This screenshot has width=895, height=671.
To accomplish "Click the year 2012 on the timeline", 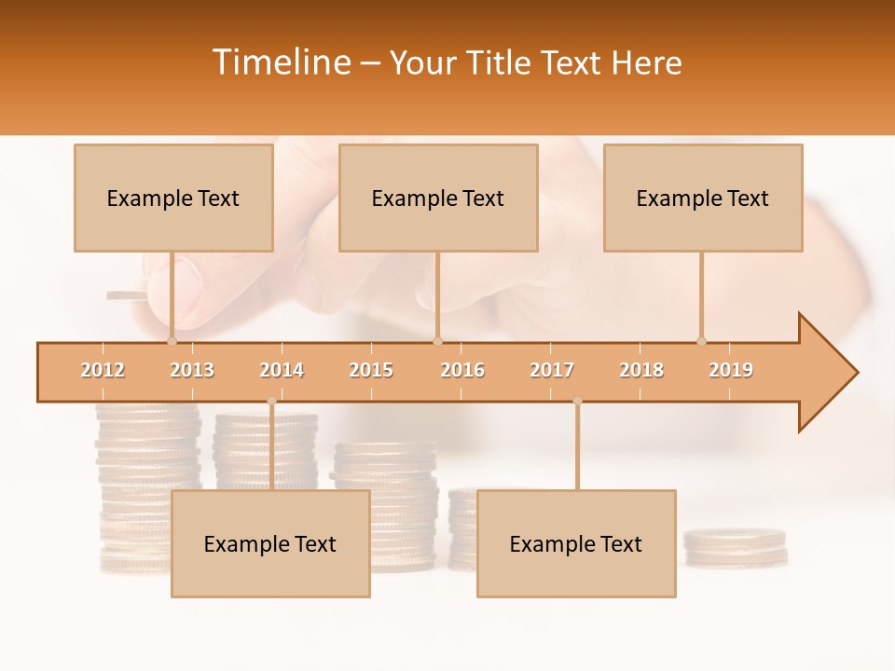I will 103,370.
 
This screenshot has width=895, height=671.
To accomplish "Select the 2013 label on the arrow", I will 192,370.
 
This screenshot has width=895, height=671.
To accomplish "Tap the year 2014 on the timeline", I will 282,370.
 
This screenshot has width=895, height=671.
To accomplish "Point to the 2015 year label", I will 371,370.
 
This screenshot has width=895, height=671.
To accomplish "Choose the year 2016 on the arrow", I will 462,370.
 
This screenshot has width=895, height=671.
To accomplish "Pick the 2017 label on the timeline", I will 552,370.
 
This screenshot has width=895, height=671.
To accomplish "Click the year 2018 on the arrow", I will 641,370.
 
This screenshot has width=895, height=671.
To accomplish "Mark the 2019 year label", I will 731,370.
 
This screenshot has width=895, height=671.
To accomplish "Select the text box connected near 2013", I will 173,198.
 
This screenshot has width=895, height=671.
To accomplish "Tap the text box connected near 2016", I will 438,198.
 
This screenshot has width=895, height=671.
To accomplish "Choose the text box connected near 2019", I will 703,198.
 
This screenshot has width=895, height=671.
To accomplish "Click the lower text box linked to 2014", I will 270,543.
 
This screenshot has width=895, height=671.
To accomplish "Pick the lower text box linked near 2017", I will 576,543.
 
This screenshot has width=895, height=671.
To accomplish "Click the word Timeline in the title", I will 280,62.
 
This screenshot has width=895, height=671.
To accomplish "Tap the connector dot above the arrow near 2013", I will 172,341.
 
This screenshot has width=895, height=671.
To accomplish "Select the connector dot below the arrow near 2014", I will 271,402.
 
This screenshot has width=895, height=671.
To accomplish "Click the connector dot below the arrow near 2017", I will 577,402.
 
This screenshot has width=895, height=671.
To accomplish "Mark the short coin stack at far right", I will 735,548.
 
